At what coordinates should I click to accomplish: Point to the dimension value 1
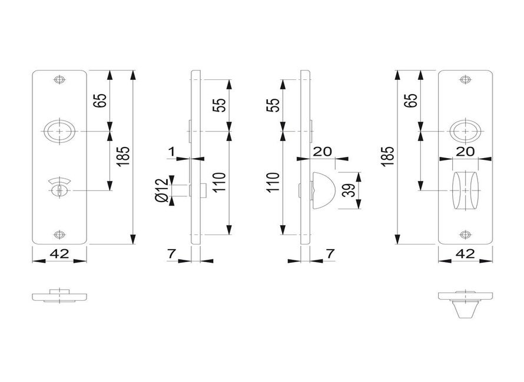pos(171,152)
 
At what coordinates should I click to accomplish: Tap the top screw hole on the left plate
pos(58,81)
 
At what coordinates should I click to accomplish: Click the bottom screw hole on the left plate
pos(58,235)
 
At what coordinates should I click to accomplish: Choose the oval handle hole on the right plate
pos(466,130)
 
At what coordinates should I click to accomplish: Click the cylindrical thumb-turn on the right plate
pos(466,190)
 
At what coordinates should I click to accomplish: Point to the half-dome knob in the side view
pos(323,189)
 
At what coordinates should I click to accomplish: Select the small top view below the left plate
pos(59,295)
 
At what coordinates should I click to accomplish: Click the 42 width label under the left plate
pos(59,254)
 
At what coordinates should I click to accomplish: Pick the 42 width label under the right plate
pos(465,254)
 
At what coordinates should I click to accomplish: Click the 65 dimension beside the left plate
pos(99,100)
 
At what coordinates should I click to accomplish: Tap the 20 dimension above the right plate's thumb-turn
pos(466,151)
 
